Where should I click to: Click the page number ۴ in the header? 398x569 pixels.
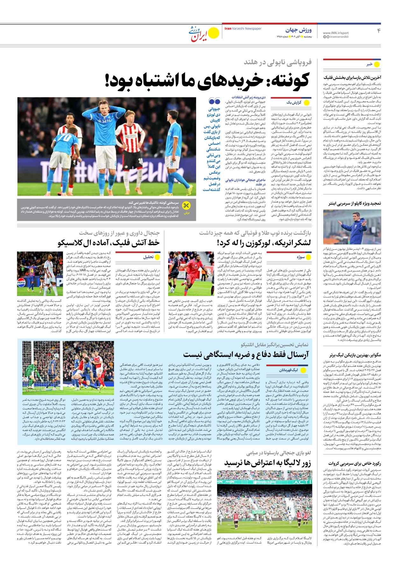click(x=379, y=31)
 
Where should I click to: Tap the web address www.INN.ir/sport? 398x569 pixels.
click(x=336, y=33)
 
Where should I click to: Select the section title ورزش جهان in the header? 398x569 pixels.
click(x=298, y=30)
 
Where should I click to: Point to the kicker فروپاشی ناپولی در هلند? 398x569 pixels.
click(x=278, y=62)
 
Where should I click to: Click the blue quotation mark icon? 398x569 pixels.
click(x=214, y=101)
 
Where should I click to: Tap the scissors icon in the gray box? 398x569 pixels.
click(x=186, y=206)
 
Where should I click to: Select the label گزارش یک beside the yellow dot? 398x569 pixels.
click(x=294, y=103)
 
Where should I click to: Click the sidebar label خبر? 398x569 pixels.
click(x=369, y=64)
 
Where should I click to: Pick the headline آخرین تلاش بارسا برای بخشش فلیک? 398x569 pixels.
click(x=352, y=77)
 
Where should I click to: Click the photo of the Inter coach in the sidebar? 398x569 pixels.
click(x=352, y=227)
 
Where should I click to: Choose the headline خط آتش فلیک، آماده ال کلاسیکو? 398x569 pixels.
click(x=109, y=243)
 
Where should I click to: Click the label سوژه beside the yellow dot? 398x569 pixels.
click(x=301, y=257)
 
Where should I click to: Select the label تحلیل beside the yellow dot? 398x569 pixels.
click(x=148, y=257)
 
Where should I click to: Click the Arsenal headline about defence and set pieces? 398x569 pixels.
click(x=246, y=354)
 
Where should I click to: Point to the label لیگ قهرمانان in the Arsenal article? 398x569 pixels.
click(x=288, y=370)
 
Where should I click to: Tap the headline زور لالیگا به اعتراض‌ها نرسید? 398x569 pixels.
click(x=267, y=463)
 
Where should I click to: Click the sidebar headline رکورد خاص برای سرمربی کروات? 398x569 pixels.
click(x=355, y=463)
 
